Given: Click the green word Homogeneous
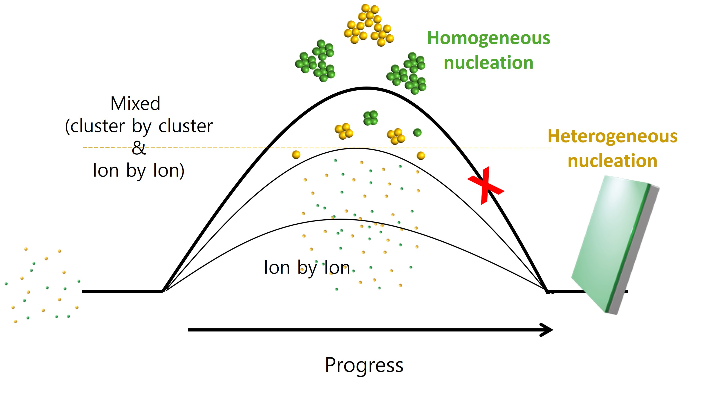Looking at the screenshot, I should [488, 38].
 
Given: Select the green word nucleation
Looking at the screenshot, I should [488, 63].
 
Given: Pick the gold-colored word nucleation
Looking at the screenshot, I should [612, 161].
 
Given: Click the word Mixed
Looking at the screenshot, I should [135, 104].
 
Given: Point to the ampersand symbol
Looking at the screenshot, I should [139, 148].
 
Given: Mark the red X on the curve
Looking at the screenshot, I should [486, 186].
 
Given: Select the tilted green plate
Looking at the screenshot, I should [608, 243].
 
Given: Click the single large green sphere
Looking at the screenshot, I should [417, 133].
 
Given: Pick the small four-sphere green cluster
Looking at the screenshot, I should [370, 118].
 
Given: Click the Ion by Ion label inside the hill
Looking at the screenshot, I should [307, 268].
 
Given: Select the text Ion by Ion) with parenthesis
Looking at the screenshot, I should [139, 171].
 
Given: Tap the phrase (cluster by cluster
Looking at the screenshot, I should [139, 126].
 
